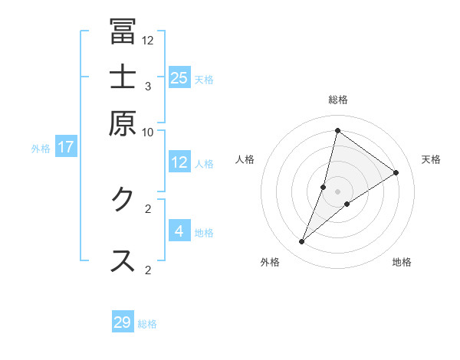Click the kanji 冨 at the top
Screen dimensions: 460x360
(x=123, y=31)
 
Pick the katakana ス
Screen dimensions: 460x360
(x=123, y=260)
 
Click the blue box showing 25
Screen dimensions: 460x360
(x=179, y=78)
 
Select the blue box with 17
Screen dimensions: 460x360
(x=66, y=147)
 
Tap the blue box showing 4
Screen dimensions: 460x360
(x=179, y=231)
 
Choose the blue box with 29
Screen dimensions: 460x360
(x=123, y=322)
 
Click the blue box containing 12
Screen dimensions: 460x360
(x=179, y=162)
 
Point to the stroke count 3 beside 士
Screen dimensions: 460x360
(x=148, y=86)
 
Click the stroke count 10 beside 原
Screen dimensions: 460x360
(x=148, y=132)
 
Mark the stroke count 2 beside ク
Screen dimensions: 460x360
(x=148, y=208)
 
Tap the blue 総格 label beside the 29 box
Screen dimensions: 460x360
(x=147, y=324)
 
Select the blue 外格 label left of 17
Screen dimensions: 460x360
(x=41, y=148)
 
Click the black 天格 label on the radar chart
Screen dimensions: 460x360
(x=431, y=159)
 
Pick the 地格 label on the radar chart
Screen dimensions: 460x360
(x=402, y=263)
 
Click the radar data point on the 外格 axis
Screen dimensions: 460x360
(x=302, y=242)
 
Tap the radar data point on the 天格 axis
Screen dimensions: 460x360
(x=396, y=172)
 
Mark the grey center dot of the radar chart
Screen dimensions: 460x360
(x=338, y=191)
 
